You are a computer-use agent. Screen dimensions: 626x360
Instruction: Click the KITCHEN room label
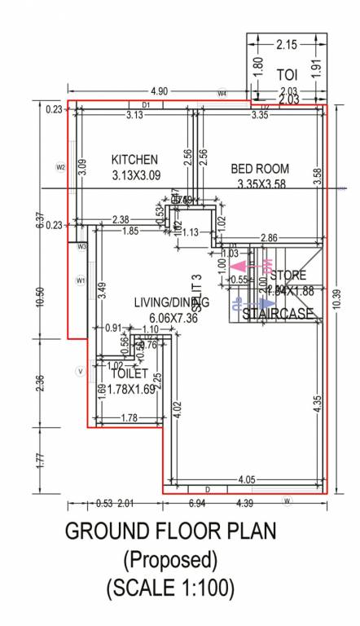click(135, 159)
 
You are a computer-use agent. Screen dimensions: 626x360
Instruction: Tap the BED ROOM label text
click(260, 169)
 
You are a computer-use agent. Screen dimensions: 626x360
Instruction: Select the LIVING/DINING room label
click(171, 302)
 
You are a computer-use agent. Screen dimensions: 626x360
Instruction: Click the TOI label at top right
click(287, 74)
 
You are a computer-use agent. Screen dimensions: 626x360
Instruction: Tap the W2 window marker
click(60, 167)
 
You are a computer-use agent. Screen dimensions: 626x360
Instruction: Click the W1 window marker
click(80, 280)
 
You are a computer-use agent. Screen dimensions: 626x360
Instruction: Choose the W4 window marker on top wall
click(222, 94)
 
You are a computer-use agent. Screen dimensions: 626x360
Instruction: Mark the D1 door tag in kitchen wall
click(147, 105)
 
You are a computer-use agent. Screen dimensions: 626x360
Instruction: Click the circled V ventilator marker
click(80, 371)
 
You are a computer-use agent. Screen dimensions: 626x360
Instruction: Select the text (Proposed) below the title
click(170, 559)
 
